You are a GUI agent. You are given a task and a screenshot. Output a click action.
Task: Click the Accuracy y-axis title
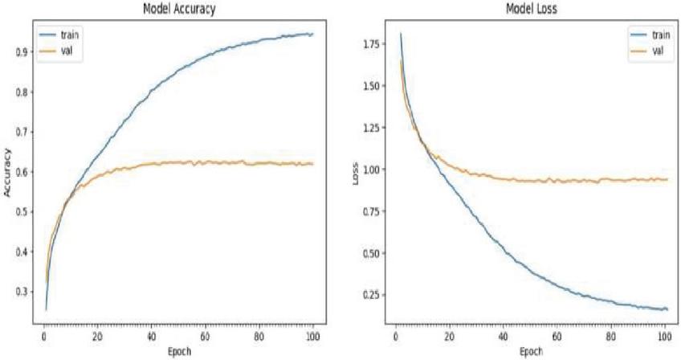pos(7,170)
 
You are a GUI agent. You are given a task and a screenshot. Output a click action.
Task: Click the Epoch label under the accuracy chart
pos(178,350)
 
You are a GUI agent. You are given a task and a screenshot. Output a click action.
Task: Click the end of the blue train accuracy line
pos(312,34)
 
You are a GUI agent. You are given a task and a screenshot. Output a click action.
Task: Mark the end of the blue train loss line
pos(667,309)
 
